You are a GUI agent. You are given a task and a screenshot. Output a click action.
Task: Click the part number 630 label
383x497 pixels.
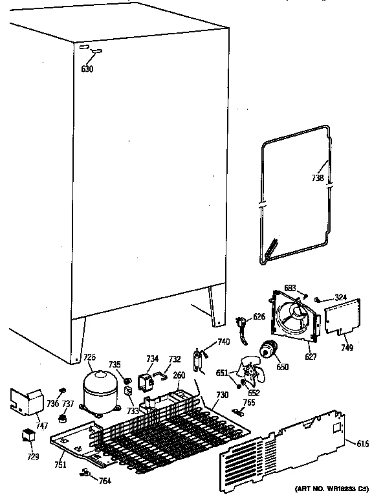pos(87,69)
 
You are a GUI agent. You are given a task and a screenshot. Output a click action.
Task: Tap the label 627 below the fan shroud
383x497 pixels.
pos(312,355)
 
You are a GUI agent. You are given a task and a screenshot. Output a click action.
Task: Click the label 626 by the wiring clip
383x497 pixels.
pos(259,316)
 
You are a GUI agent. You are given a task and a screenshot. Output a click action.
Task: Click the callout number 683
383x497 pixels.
pos(292,287)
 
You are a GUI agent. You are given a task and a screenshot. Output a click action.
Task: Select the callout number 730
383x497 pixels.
pos(222,395)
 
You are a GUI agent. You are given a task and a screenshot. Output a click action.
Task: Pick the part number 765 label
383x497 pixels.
pos(249,403)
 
